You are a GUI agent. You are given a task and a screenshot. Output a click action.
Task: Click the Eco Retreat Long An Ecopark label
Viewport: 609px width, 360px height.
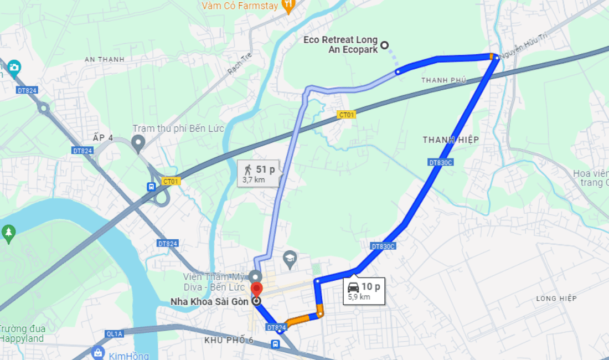pos(340,44)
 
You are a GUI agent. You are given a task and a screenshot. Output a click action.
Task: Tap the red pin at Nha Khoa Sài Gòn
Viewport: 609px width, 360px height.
pos(257,290)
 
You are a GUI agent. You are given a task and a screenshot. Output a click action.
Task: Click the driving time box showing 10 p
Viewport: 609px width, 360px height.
pos(363,291)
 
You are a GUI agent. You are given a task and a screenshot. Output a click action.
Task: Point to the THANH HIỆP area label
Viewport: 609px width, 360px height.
pos(450,140)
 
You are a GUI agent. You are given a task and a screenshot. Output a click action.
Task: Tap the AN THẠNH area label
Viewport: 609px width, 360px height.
pos(105,59)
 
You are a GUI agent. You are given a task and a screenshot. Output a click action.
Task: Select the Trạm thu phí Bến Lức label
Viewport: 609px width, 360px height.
pos(178,128)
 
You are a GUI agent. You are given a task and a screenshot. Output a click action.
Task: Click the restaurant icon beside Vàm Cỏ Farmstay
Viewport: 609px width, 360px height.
pos(288,6)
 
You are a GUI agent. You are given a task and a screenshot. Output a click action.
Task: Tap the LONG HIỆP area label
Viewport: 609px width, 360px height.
pos(556,299)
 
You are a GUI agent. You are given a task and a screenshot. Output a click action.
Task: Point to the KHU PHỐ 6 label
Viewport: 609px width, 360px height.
pos(228,340)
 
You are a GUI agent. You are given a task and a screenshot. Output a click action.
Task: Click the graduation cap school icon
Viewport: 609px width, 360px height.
pos(289,257)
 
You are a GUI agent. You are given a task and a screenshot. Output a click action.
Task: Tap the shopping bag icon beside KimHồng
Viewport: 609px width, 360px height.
pos(99,353)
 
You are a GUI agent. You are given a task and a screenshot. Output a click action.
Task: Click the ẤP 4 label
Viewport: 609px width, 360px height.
pos(103,137)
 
